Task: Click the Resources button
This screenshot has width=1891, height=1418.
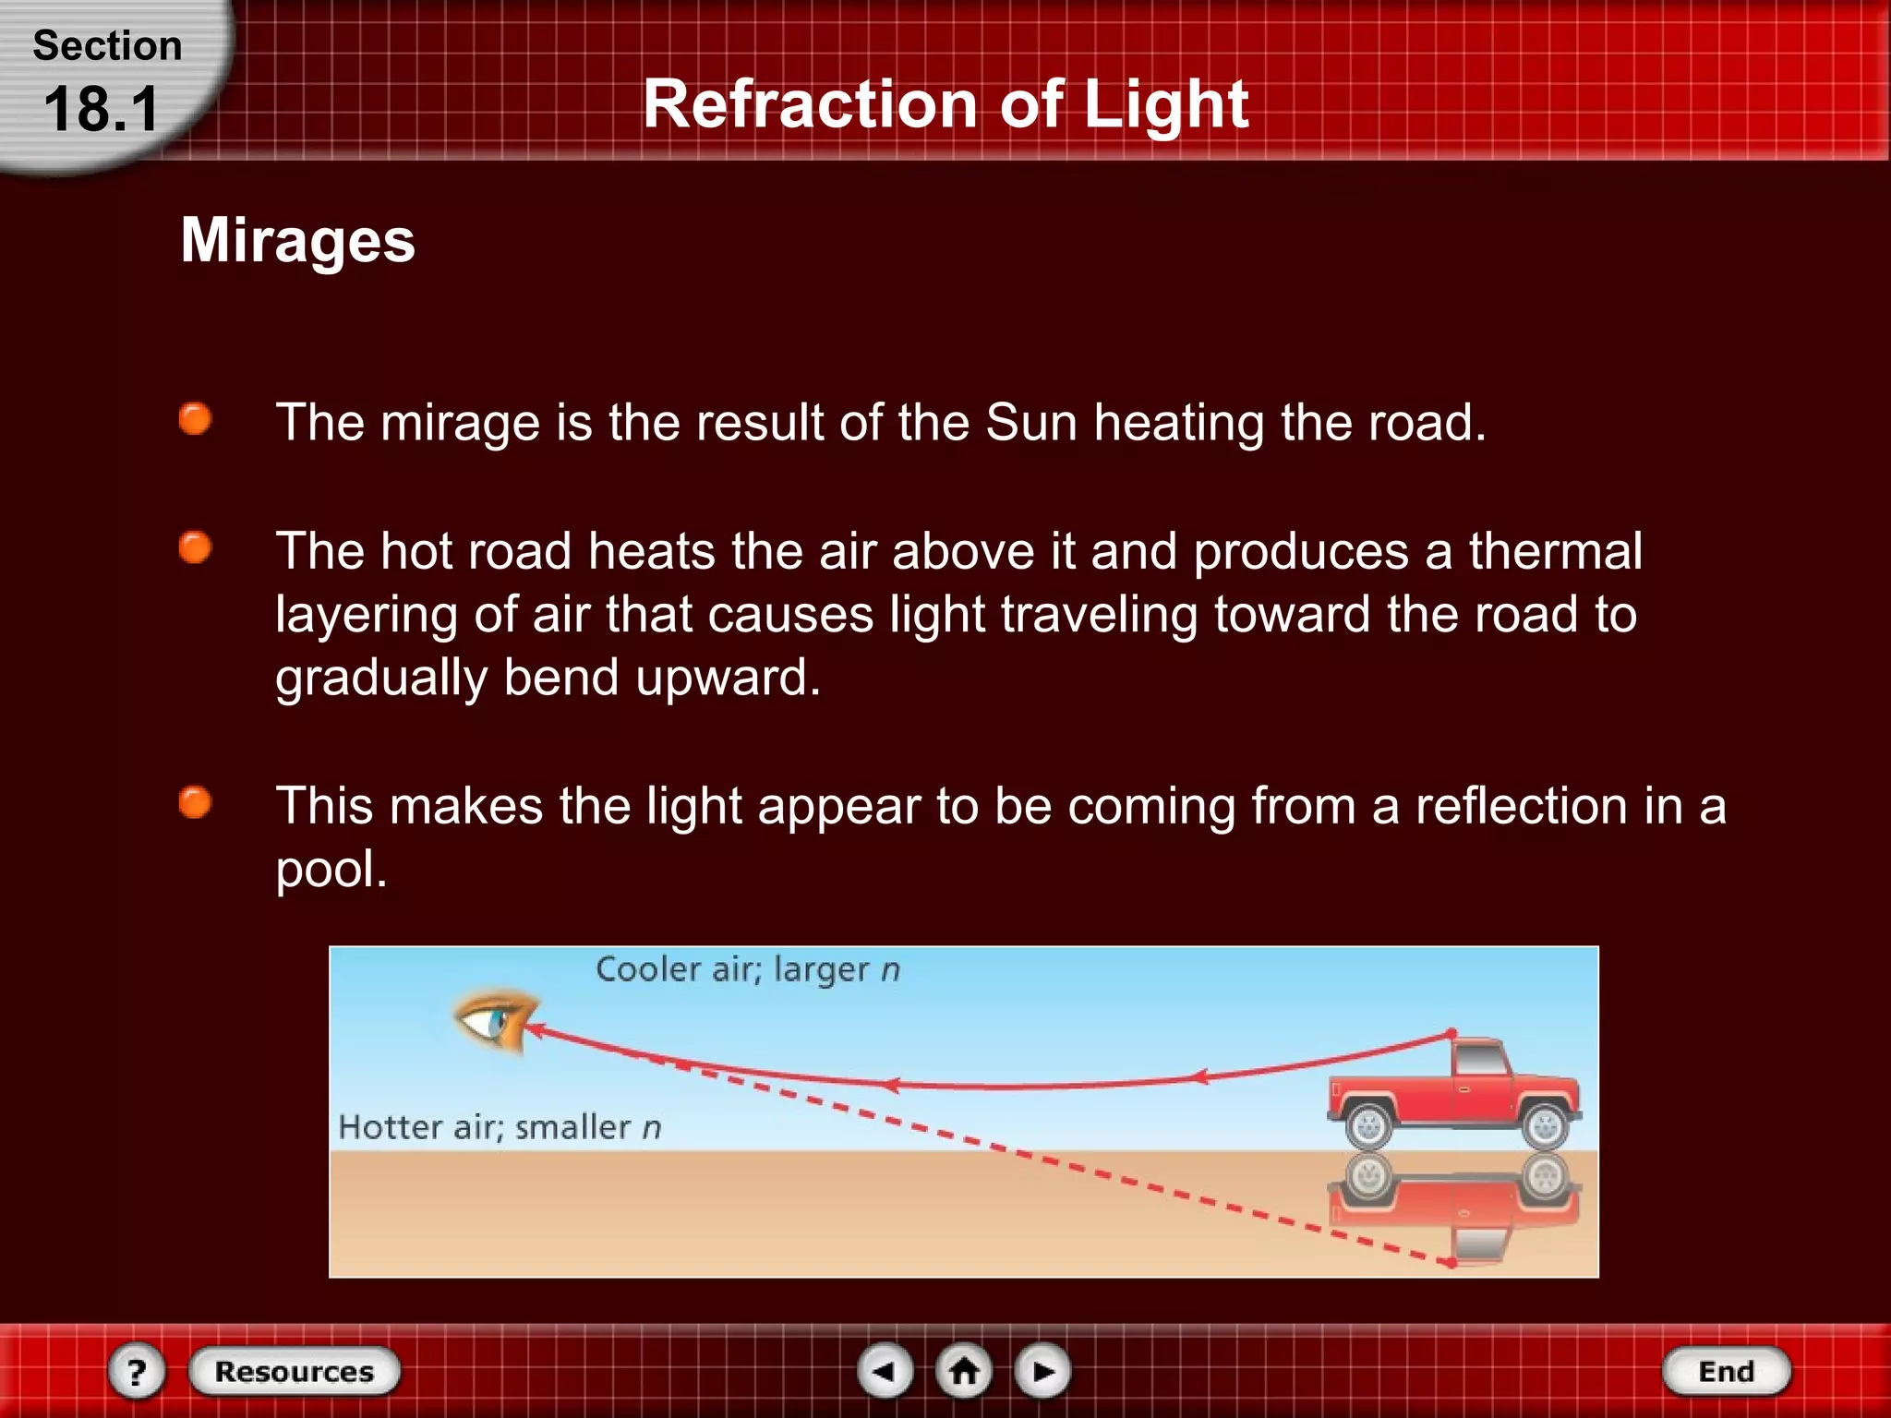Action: (295, 1371)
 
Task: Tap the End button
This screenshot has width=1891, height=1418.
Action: (1726, 1371)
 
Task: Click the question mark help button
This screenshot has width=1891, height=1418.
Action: (137, 1372)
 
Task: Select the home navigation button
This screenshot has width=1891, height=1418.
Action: (964, 1371)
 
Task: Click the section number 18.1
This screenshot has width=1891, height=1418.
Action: (102, 110)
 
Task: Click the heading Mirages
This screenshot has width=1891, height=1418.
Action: (298, 240)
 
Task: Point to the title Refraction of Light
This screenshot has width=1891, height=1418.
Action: (945, 103)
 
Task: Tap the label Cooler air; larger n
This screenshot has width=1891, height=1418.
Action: (747, 969)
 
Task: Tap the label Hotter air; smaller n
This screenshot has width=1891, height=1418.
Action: (500, 1127)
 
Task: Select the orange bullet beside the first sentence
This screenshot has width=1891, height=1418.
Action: (195, 419)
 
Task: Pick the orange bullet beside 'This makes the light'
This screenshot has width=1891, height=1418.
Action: (195, 802)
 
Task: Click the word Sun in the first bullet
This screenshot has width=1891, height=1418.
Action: (1032, 423)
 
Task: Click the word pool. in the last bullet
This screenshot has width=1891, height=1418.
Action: (331, 869)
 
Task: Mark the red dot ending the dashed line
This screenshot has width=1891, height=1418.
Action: (1451, 1262)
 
